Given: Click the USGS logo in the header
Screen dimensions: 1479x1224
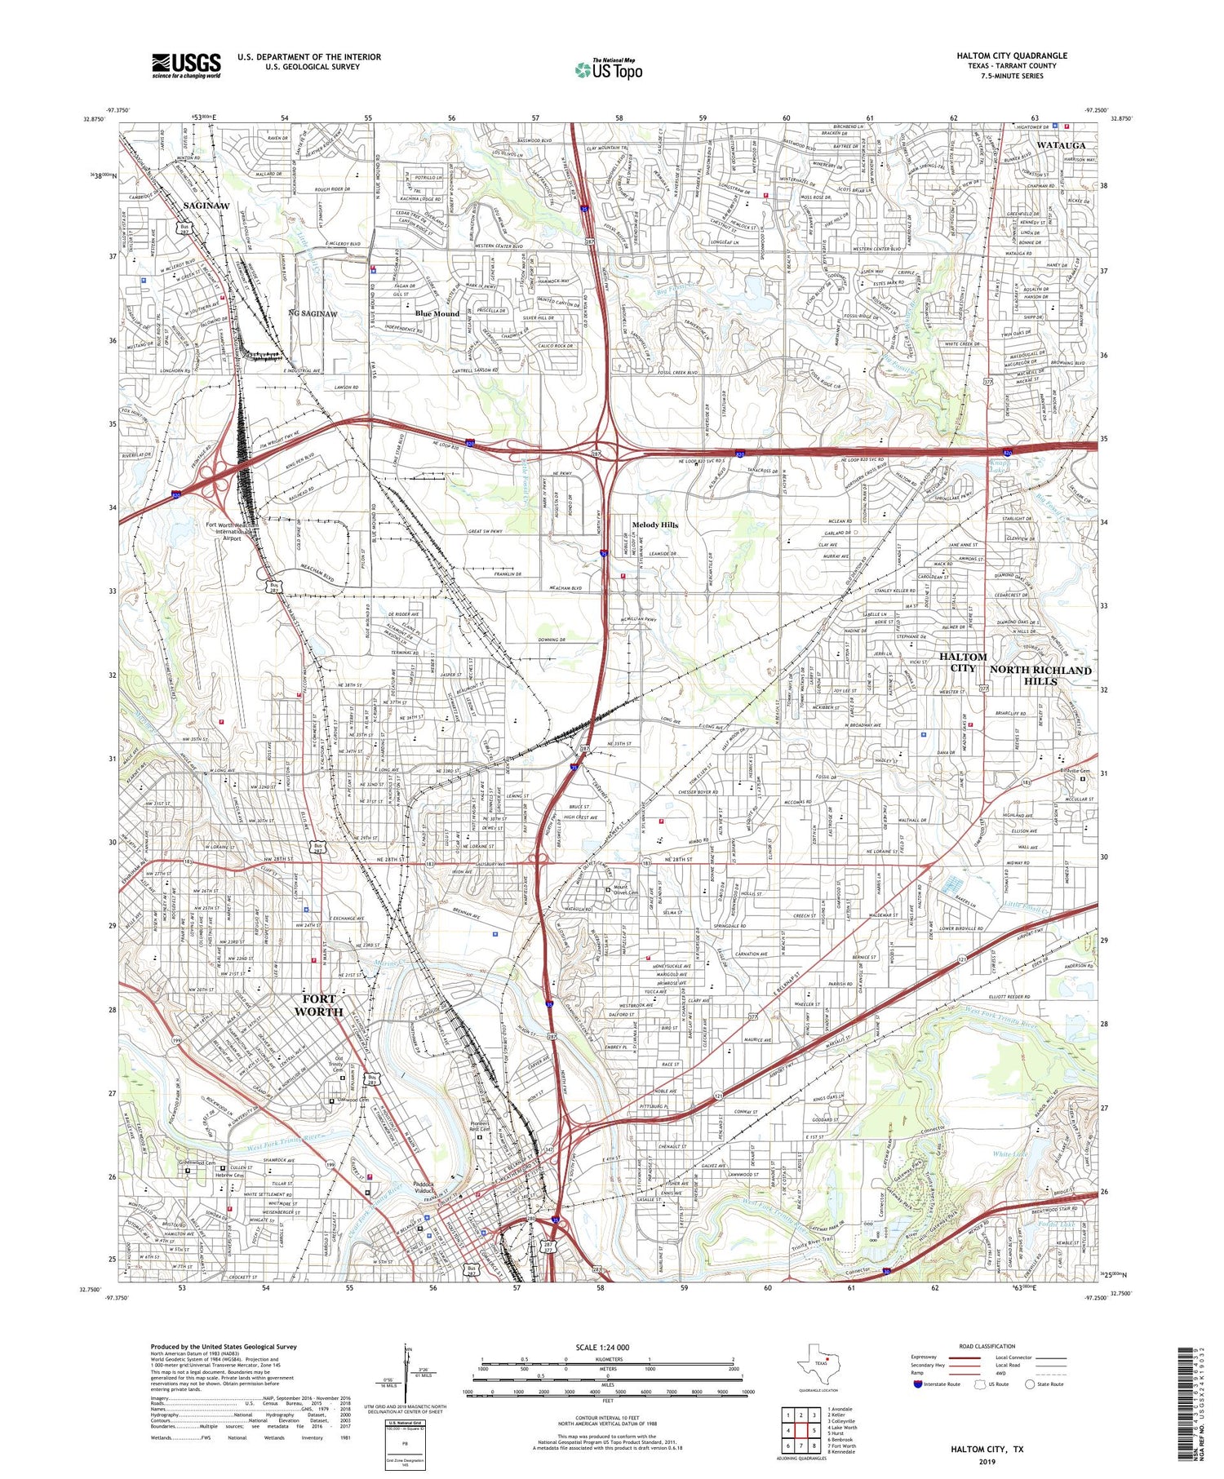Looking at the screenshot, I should (186, 65).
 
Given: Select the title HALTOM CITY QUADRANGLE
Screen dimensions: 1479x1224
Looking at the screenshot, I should (1012, 55).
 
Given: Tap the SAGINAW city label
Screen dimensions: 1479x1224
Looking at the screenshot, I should (206, 206).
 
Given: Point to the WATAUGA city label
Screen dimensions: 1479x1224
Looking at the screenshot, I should (1061, 144).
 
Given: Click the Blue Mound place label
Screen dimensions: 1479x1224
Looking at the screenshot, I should (437, 313).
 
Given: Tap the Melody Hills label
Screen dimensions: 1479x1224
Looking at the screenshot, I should (655, 525).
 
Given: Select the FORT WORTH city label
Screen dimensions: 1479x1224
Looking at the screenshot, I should (322, 1005).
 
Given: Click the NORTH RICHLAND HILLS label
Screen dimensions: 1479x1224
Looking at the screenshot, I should (1040, 675).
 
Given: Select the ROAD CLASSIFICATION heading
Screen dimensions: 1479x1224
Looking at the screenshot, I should (987, 1346).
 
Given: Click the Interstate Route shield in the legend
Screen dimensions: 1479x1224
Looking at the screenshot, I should (918, 1384).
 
